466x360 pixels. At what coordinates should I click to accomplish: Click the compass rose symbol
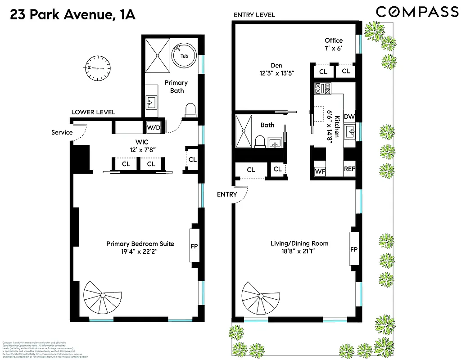pyautogui.click(x=97, y=67)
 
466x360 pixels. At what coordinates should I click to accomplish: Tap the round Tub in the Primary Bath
pyautogui.click(x=185, y=56)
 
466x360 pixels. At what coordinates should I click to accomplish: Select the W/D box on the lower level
pyautogui.click(x=154, y=127)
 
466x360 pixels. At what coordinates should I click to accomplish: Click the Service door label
pyautogui.click(x=62, y=132)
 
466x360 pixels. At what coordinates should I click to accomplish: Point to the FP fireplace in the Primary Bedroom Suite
pyautogui.click(x=195, y=246)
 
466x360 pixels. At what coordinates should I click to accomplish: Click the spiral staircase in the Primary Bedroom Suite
pyautogui.click(x=103, y=298)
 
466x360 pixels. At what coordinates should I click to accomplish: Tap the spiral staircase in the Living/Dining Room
pyautogui.click(x=260, y=298)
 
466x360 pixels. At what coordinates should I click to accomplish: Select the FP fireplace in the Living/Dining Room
pyautogui.click(x=354, y=249)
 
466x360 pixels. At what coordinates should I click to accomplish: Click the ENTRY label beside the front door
pyautogui.click(x=226, y=194)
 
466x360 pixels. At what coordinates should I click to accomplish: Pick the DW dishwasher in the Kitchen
pyautogui.click(x=349, y=116)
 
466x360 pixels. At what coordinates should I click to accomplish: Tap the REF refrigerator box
pyautogui.click(x=349, y=169)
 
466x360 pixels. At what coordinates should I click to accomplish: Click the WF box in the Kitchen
pyautogui.click(x=320, y=171)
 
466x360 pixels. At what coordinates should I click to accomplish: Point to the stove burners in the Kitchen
pyautogui.click(x=323, y=88)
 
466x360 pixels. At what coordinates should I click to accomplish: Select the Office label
pyautogui.click(x=334, y=40)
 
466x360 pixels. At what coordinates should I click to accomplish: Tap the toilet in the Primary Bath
pyautogui.click(x=190, y=110)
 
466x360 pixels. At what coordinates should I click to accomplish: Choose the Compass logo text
pyautogui.click(x=417, y=12)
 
